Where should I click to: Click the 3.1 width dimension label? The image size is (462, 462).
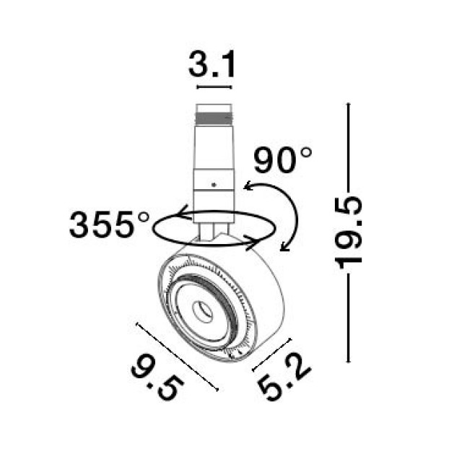212,64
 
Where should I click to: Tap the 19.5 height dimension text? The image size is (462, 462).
348,232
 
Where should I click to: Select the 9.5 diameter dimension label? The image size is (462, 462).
157,378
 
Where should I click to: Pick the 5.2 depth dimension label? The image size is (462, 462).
284,378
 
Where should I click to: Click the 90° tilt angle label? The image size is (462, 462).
283,160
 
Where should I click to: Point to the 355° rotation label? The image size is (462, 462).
109,225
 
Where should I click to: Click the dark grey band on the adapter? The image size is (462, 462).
214,118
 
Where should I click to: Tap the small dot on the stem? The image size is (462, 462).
214,185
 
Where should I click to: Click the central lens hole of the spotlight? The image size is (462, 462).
202,311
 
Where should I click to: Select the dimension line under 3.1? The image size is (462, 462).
214,87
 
